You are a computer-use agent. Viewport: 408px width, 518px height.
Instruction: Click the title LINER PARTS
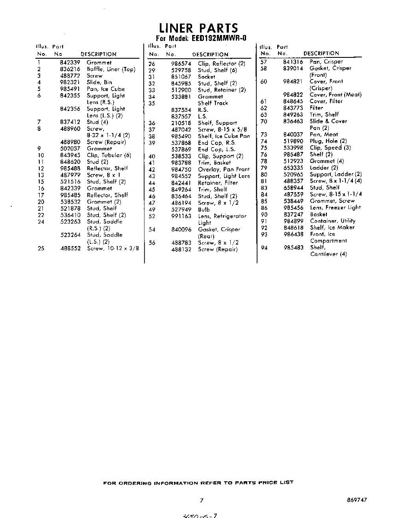(x=198, y=28)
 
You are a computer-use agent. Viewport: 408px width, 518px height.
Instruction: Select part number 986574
(x=181, y=63)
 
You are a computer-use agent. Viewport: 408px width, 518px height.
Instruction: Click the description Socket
(x=206, y=77)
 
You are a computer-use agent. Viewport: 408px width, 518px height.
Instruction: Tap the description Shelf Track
(x=212, y=103)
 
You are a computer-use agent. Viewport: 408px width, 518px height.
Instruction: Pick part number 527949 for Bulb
(x=181, y=210)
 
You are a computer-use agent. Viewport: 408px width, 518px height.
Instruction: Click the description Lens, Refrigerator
(x=222, y=216)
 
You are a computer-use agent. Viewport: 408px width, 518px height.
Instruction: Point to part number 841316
(x=293, y=62)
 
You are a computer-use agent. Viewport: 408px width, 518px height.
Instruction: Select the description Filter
(x=316, y=108)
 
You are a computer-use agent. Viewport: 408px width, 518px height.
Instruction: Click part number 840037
(x=293, y=135)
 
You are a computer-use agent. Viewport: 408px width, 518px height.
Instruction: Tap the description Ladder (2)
(x=324, y=168)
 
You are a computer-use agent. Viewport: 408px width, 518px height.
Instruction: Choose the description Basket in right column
(x=319, y=214)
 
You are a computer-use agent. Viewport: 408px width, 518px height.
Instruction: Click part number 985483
(x=293, y=248)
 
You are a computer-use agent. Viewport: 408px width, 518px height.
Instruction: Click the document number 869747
(x=357, y=500)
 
